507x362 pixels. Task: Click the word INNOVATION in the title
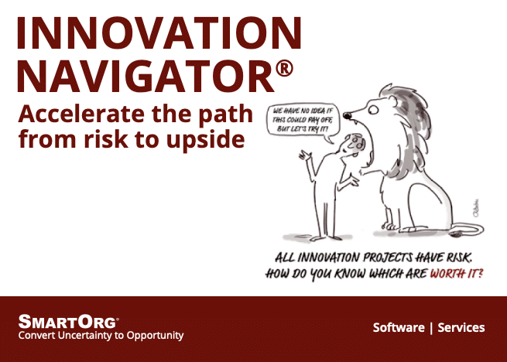click(158, 32)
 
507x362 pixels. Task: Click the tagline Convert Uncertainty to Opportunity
click(101, 336)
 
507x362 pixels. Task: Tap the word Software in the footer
click(398, 328)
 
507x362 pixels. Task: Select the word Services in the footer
click(461, 328)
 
